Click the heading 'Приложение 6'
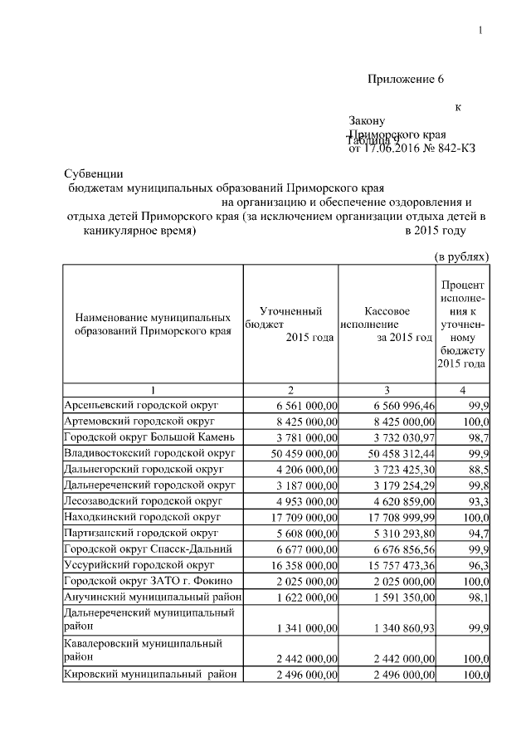(x=407, y=80)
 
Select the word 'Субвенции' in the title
(x=94, y=174)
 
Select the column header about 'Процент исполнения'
(x=463, y=325)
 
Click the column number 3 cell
(x=387, y=390)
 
